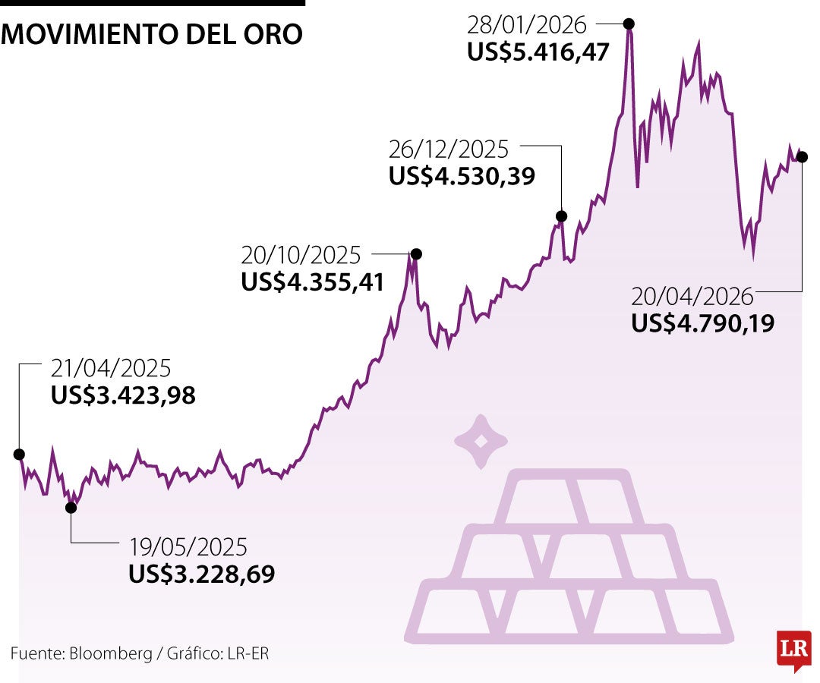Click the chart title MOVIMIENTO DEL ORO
click(152, 34)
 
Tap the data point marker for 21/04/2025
click(19, 454)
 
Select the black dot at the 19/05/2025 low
click(71, 508)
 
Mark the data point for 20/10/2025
click(415, 253)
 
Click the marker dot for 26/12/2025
click(561, 216)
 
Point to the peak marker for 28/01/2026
click(629, 24)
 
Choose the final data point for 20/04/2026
click(802, 157)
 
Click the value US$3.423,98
click(124, 395)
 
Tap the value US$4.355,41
click(313, 282)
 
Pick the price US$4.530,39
click(462, 176)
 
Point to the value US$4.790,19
click(702, 324)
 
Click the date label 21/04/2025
click(111, 369)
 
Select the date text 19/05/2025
click(188, 547)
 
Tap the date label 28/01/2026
click(527, 25)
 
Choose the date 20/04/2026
click(692, 297)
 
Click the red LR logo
click(793, 650)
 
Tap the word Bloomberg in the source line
click(111, 653)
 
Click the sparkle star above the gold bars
click(480, 441)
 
